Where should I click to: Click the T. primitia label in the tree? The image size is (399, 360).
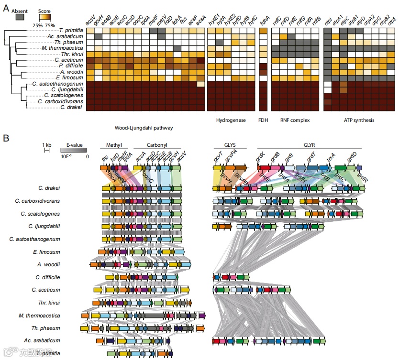click(67, 30)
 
